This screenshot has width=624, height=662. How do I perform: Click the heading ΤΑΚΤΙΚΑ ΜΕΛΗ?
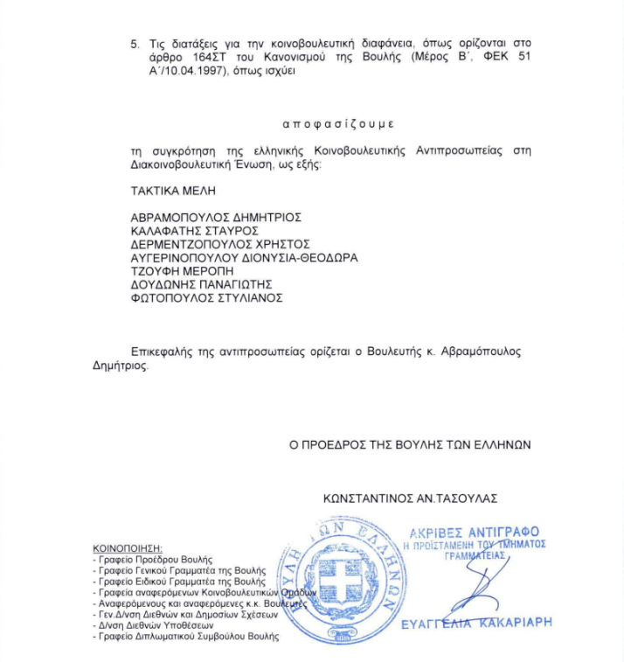click(172, 190)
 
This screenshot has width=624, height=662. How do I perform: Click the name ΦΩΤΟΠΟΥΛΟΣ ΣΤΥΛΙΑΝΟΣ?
click(207, 298)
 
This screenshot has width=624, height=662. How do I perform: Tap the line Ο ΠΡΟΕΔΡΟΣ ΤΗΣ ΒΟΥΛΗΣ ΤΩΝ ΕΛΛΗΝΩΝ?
click(410, 444)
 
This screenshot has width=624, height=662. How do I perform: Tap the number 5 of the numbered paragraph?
click(134, 42)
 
